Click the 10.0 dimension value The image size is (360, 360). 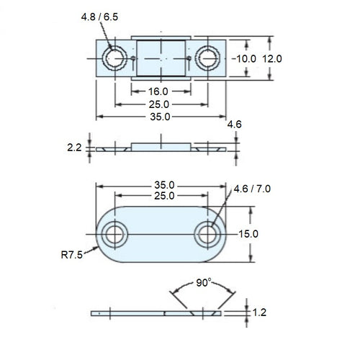tap(246, 58)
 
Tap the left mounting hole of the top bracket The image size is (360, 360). tap(114, 58)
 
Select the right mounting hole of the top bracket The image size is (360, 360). tap(209, 58)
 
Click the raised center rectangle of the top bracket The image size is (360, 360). tap(162, 58)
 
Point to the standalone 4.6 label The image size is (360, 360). tap(235, 125)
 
